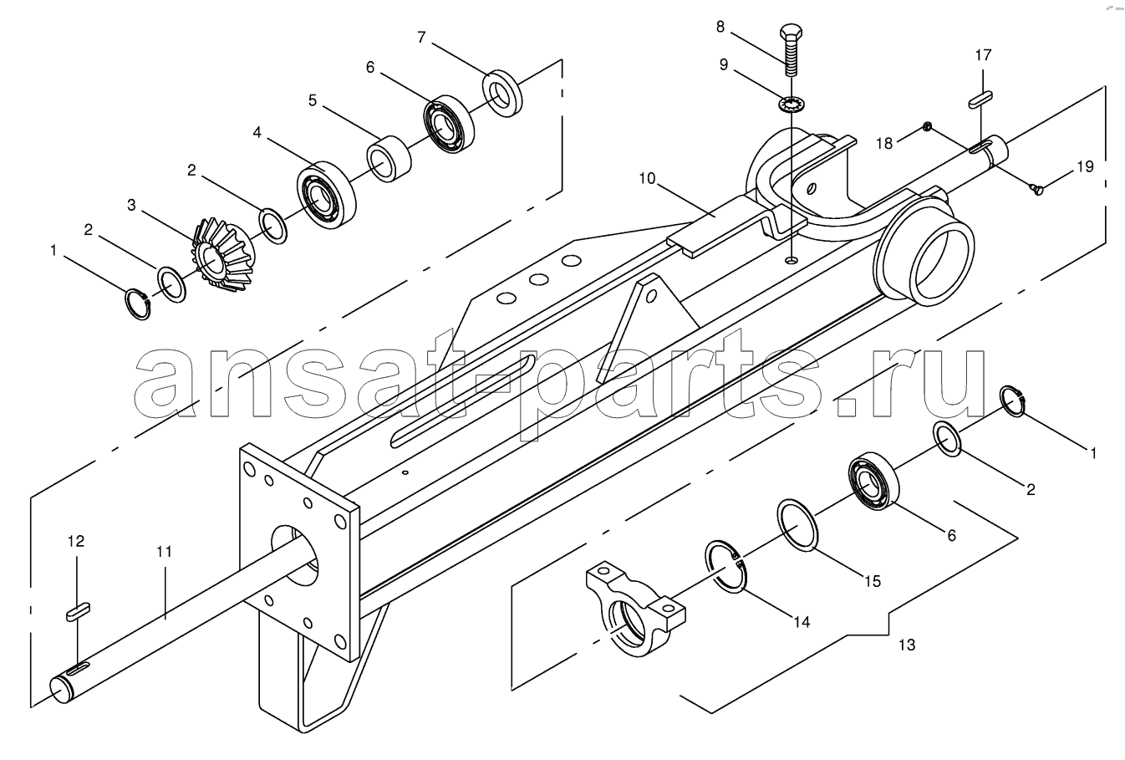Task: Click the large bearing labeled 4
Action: tap(327, 195)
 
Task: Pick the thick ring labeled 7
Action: tap(502, 93)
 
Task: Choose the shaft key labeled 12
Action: tap(79, 612)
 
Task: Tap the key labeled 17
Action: tap(980, 98)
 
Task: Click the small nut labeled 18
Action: tap(928, 126)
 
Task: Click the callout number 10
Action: tap(648, 178)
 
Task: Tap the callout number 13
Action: tap(907, 645)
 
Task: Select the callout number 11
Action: tap(164, 552)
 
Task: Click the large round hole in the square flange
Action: tap(295, 554)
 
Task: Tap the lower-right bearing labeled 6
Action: tap(873, 482)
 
